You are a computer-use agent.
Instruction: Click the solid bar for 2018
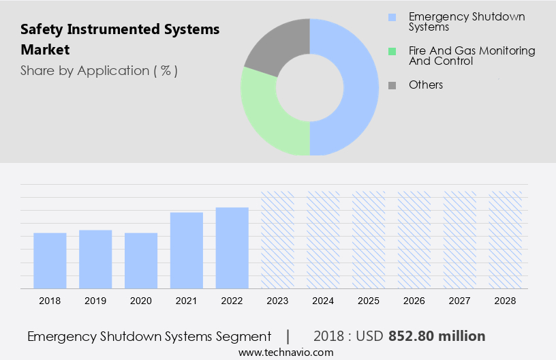point(50,260)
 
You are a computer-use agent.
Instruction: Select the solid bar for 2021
point(187,250)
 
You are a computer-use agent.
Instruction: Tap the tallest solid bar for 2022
point(232,247)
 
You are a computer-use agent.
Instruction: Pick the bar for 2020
point(141,260)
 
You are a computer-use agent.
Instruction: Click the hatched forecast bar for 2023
point(278,239)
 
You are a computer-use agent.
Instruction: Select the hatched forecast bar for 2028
point(506,239)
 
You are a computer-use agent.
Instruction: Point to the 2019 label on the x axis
point(95,300)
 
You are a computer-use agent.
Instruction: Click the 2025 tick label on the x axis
point(369,300)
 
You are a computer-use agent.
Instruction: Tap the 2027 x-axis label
point(460,300)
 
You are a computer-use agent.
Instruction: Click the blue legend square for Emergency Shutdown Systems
point(392,17)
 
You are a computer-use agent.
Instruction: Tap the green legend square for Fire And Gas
point(392,51)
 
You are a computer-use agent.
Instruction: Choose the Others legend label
point(426,85)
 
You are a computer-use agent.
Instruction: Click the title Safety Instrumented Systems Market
point(120,40)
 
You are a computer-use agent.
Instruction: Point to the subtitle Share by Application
point(99,70)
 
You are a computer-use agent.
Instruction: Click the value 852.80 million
point(437,336)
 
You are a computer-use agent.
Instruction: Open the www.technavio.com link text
point(285,352)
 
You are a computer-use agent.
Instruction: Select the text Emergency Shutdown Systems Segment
point(149,336)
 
